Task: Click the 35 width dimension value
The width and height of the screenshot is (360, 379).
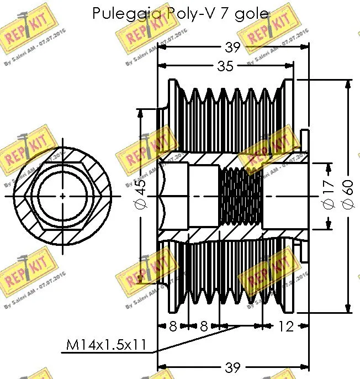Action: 225,66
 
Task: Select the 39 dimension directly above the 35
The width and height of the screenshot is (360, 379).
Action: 232,48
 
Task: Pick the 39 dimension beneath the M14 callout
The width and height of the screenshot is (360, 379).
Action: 232,366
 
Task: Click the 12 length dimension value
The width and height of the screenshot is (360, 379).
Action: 285,326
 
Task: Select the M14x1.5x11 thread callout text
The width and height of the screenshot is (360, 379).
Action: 105,346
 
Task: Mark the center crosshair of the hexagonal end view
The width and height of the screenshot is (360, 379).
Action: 62,196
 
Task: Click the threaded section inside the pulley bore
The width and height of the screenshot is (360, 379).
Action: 241,196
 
